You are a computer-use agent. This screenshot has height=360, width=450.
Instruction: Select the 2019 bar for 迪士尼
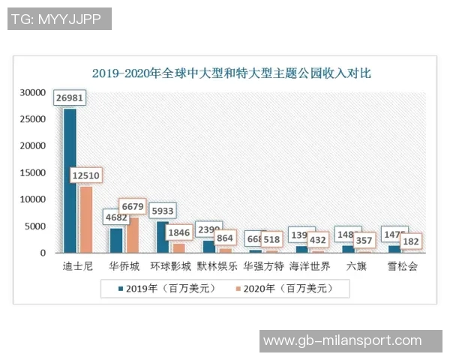pyautogui.click(x=70, y=180)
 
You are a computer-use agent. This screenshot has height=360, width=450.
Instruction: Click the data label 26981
pyautogui.click(x=70, y=97)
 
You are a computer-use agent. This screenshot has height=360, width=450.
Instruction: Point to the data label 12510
pyautogui.click(x=86, y=175)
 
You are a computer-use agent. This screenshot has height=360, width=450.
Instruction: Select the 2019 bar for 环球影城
pyautogui.click(x=163, y=237)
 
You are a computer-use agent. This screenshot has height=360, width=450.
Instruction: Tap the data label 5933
pyautogui.click(x=163, y=210)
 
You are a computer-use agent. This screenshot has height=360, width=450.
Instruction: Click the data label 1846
pyautogui.click(x=178, y=232)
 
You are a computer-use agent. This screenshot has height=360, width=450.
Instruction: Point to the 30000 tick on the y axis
pyautogui.click(x=33, y=92)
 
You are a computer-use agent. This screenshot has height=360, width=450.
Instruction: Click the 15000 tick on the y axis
pyautogui.click(x=33, y=172)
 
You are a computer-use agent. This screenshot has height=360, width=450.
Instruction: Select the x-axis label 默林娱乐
pyautogui.click(x=217, y=266)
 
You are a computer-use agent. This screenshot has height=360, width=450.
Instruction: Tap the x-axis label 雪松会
pyautogui.click(x=402, y=266)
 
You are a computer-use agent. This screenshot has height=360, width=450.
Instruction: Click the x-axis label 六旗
pyautogui.click(x=355, y=266)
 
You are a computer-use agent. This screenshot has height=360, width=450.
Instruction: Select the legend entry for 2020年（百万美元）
pyautogui.click(x=286, y=288)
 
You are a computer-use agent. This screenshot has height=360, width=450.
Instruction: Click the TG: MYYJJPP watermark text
pyautogui.click(x=59, y=19)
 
